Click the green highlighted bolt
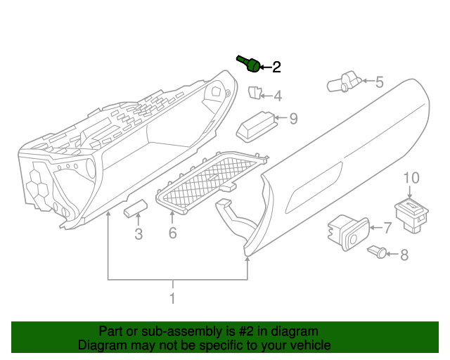pyautogui.click(x=249, y=64)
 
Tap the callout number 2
pyautogui.click(x=276, y=67)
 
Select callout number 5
pyautogui.click(x=379, y=82)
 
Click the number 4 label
pyautogui.click(x=278, y=96)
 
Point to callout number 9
pyautogui.click(x=293, y=119)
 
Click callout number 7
pyautogui.click(x=386, y=228)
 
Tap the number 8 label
pyautogui.click(x=404, y=255)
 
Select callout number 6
pyautogui.click(x=172, y=233)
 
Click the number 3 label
pyautogui.click(x=139, y=234)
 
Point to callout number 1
pyautogui.click(x=172, y=299)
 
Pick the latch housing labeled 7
pyautogui.click(x=347, y=233)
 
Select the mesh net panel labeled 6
pyautogui.click(x=210, y=182)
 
